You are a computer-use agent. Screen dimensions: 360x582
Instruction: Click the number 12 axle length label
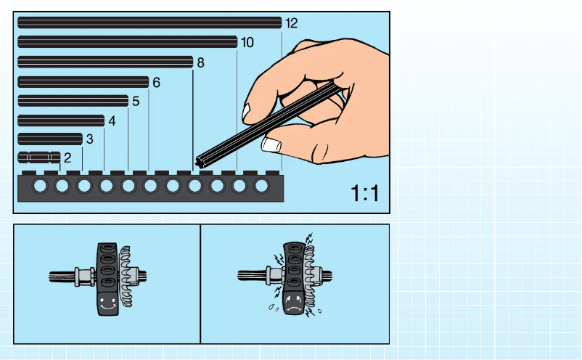tap(291, 23)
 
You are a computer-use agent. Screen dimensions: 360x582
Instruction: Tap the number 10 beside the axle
tap(247, 43)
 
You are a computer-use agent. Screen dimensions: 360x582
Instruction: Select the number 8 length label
tap(200, 63)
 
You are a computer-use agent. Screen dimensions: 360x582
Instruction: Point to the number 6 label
tap(155, 83)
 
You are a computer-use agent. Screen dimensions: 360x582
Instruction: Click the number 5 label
tap(135, 102)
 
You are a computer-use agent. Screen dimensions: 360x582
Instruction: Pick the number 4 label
tap(112, 121)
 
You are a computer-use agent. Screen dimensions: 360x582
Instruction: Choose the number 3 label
tap(89, 139)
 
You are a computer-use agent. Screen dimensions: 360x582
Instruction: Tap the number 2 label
tap(67, 157)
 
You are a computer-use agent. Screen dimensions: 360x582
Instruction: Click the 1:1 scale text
tap(365, 193)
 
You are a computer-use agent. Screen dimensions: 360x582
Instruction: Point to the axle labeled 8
tap(104, 62)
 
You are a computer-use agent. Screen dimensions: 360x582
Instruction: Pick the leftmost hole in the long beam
tap(40, 187)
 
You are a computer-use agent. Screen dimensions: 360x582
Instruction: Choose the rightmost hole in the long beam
tap(262, 187)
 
